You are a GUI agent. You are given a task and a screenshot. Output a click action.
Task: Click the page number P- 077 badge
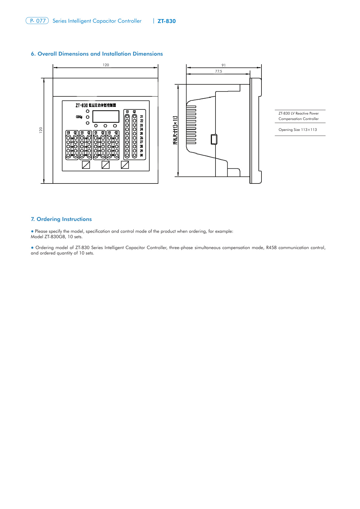coord(37,21)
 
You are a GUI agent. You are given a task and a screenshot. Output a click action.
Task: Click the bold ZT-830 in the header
coord(167,21)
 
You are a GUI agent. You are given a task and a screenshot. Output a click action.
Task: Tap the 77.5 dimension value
coord(219,71)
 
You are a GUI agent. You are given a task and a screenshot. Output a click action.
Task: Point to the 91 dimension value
coord(224,65)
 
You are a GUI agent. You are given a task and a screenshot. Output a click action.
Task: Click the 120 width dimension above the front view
coord(106,65)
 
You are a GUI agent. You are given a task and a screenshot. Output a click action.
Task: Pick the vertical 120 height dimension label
coord(41,130)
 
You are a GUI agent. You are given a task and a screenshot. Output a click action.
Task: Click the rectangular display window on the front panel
coord(106,116)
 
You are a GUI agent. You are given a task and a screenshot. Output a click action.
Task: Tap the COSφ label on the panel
coord(79,117)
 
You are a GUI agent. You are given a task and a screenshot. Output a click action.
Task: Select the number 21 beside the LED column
coord(141,117)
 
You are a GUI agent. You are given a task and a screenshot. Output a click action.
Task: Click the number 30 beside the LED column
coord(141,155)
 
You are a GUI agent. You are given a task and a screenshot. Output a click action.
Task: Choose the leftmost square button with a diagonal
coord(86,165)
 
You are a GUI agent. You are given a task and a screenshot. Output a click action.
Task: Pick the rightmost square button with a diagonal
coord(125,165)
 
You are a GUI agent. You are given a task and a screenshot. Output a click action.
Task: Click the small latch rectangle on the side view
coord(214,139)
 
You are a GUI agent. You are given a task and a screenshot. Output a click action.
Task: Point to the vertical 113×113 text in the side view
coord(175,130)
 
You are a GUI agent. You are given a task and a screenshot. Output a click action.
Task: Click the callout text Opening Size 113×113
coord(298,130)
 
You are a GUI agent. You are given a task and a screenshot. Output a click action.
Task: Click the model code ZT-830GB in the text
coord(55,237)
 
